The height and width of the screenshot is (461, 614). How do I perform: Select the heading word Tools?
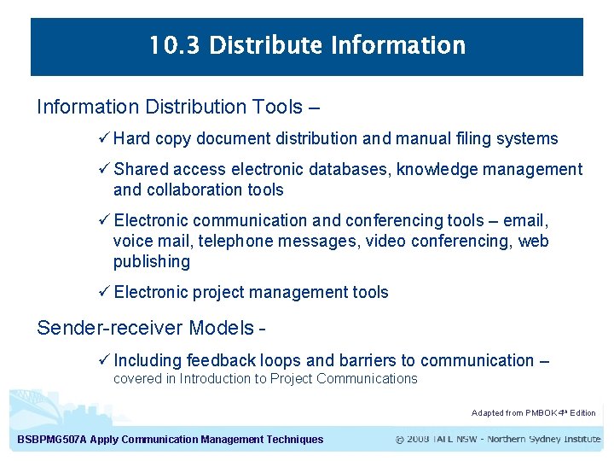(x=277, y=107)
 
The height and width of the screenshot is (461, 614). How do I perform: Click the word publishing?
(x=152, y=261)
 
